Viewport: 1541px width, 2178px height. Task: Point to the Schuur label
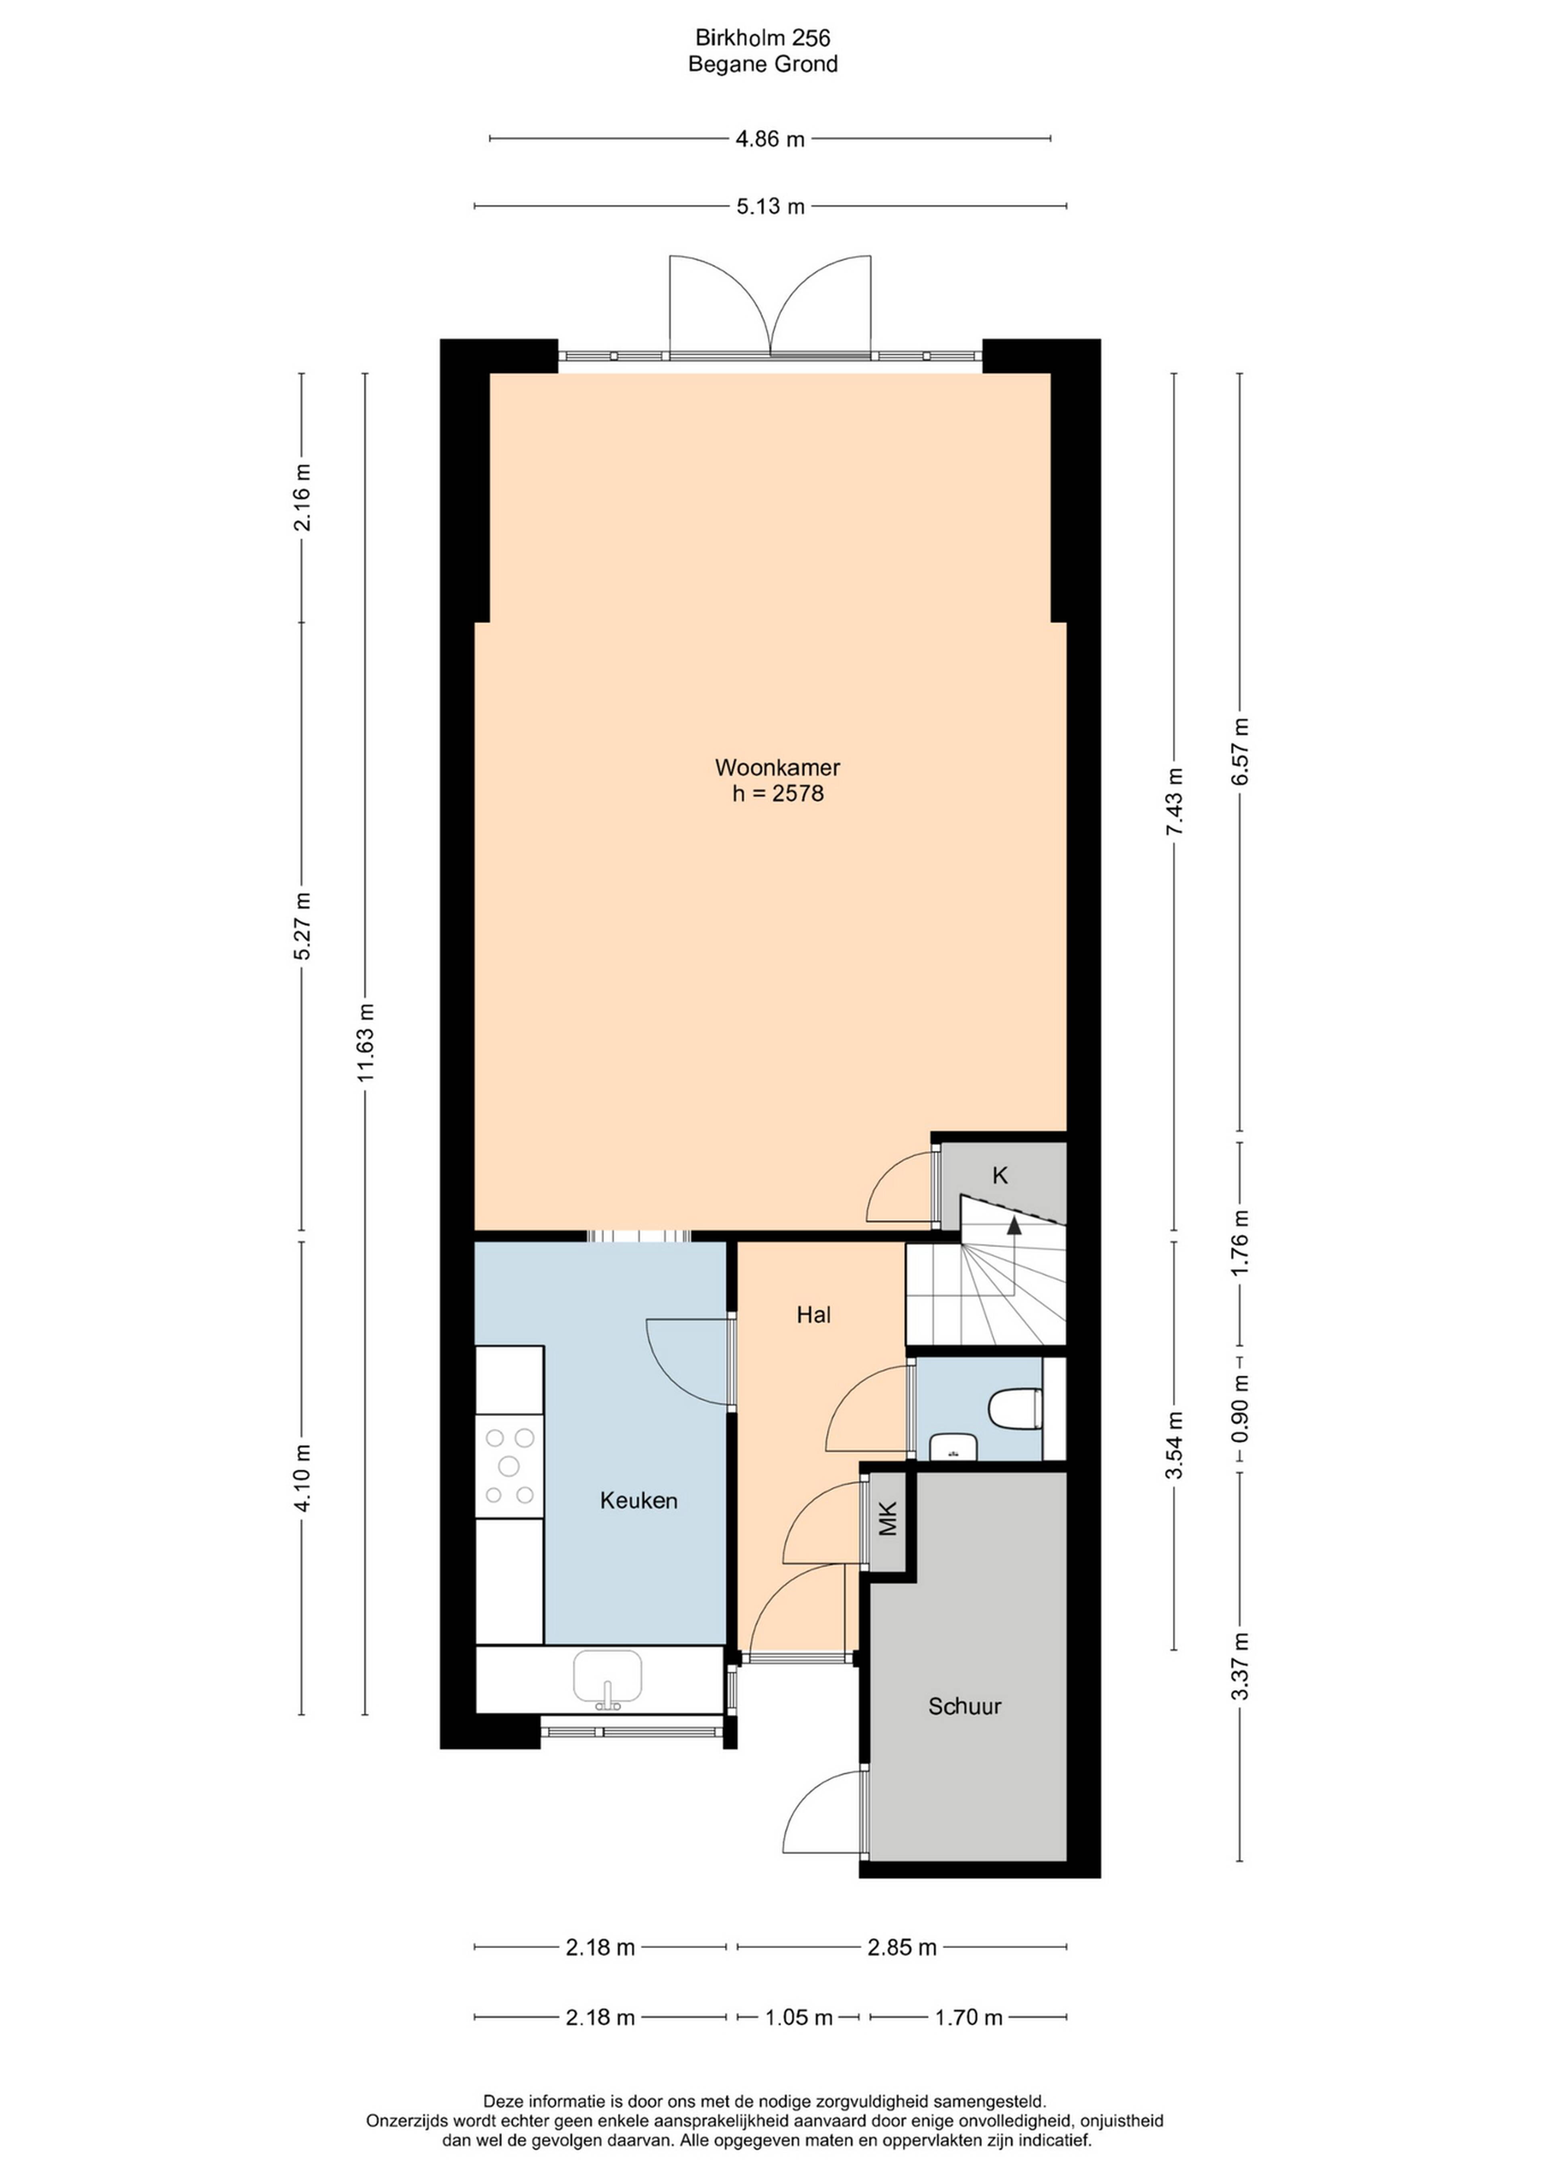click(965, 1707)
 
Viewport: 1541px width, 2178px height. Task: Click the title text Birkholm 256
click(763, 38)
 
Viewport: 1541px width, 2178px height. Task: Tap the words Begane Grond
click(763, 65)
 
